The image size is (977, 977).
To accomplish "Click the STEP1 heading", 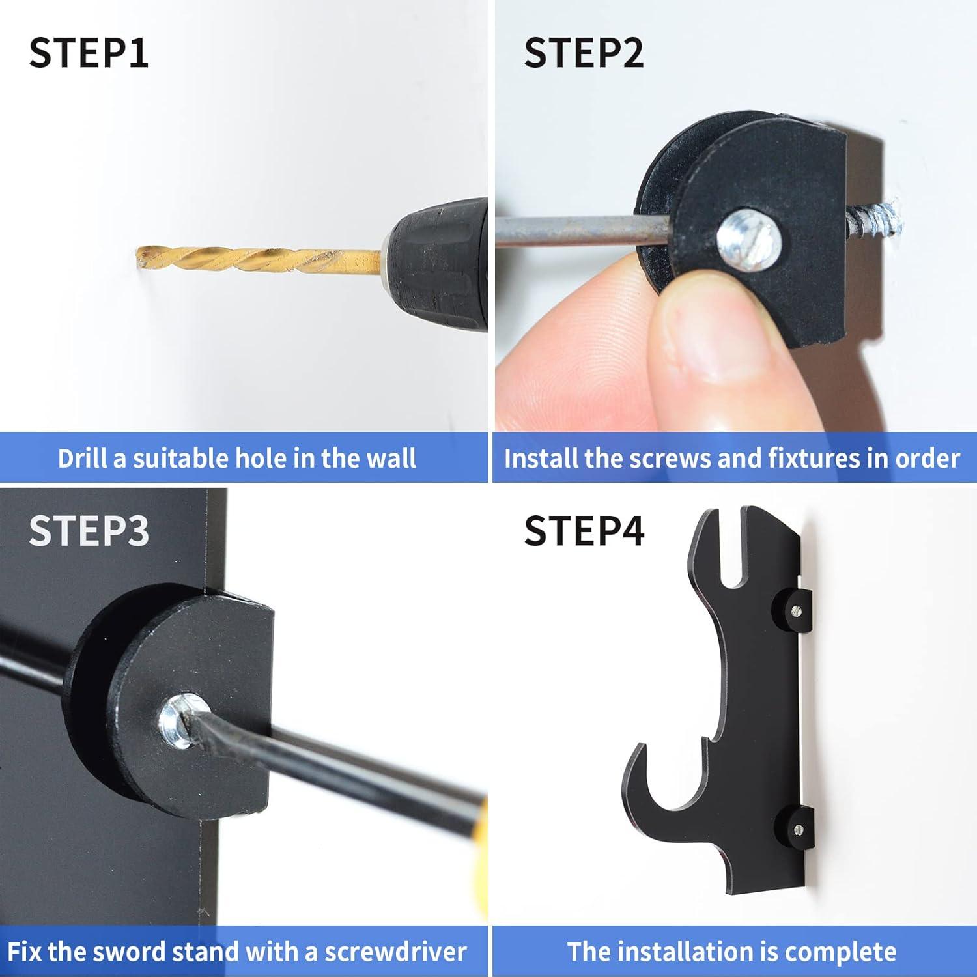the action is pos(89,53).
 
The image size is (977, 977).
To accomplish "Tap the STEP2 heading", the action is pos(584,53).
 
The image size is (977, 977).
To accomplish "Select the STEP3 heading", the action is pos(89,530).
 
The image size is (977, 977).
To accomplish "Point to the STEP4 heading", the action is pos(584,530).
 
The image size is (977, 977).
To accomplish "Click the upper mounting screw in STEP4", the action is pos(797,610).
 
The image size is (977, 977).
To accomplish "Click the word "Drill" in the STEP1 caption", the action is pos(83,458).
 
